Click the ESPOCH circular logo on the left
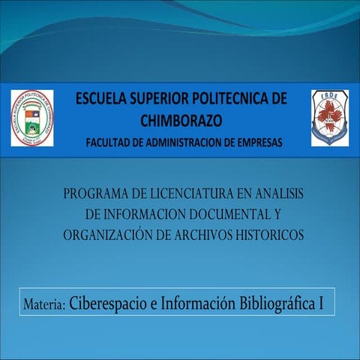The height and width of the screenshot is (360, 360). [31, 118]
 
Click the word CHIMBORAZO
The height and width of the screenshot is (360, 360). [182, 120]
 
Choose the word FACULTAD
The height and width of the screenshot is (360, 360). [111, 142]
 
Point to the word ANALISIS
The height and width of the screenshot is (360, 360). [275, 194]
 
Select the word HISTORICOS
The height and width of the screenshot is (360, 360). [271, 235]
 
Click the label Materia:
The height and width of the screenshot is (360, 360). [46, 305]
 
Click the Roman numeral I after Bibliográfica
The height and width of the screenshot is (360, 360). [321, 304]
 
